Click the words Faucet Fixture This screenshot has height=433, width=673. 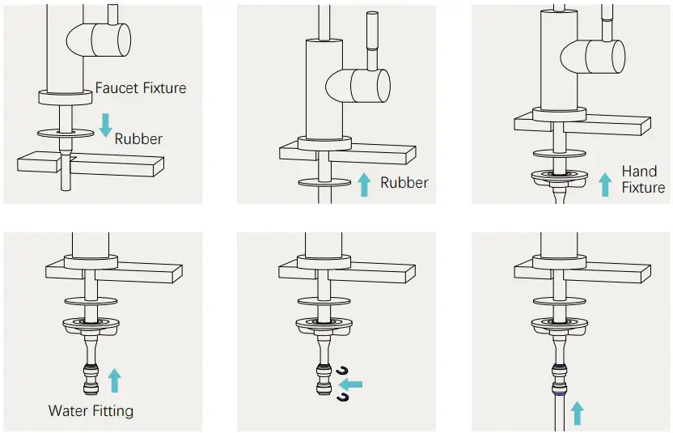[x=141, y=87]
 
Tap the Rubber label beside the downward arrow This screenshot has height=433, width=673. [x=138, y=138]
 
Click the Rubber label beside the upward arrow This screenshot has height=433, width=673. [x=404, y=183]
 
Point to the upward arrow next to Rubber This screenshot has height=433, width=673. [x=364, y=184]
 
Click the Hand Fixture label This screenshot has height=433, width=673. [x=642, y=180]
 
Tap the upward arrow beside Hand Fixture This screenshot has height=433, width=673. [x=603, y=183]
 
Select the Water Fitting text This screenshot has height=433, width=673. [x=91, y=410]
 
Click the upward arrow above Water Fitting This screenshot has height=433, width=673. [x=114, y=380]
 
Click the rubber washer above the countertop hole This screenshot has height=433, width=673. [x=64, y=131]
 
